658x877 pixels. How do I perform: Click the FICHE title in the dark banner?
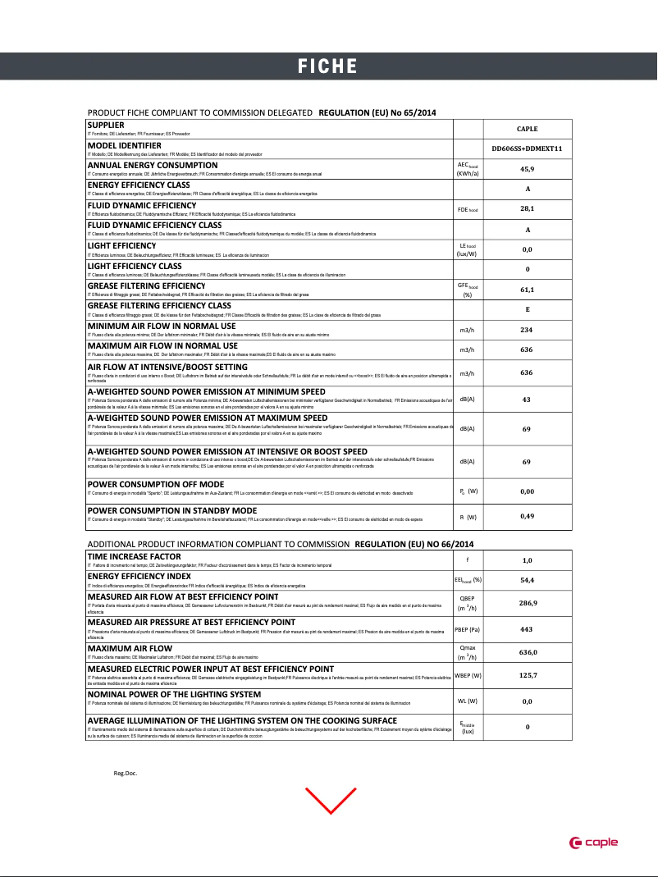point(327,66)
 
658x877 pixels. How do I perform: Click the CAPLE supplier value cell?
point(527,129)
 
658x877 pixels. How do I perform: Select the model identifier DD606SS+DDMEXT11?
point(527,148)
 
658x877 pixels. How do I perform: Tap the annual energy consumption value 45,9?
point(527,168)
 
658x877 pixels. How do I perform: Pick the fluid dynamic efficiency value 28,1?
point(527,209)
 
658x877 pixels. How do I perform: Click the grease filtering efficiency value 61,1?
point(527,290)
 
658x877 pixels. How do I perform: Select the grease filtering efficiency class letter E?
point(527,309)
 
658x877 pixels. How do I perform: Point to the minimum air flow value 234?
point(527,330)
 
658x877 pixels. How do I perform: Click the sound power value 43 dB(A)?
point(527,400)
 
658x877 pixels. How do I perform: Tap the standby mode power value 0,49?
point(527,516)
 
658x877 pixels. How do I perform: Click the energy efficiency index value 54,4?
point(527,580)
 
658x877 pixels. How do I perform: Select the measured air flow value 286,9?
point(527,602)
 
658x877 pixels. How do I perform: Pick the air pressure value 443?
point(527,629)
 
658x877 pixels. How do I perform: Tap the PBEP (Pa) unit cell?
point(468,629)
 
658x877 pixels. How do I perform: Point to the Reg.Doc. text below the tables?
point(125,773)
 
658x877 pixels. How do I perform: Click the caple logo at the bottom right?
point(594,842)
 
